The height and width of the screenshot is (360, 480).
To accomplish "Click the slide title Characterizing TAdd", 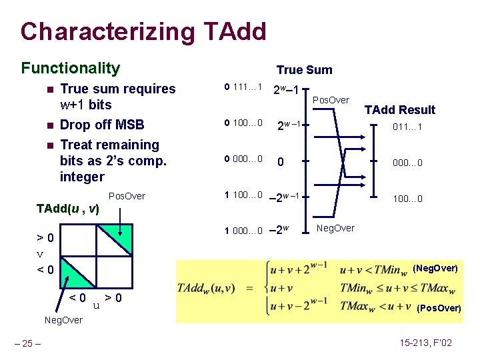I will click(143, 31).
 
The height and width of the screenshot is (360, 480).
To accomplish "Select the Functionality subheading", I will click(70, 68).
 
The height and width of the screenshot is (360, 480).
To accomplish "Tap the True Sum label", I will click(304, 70).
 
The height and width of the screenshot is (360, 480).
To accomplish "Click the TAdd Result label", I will click(399, 110).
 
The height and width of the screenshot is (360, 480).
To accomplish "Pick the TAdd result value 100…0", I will click(407, 199).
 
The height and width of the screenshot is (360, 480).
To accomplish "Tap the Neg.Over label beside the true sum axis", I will click(335, 228).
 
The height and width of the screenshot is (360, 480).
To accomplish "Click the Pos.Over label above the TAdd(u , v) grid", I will click(127, 196).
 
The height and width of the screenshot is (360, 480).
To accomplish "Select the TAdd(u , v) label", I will click(67, 209).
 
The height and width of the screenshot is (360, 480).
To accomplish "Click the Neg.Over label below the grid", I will click(63, 320).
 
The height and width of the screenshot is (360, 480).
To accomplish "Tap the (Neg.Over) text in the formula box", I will click(436, 269).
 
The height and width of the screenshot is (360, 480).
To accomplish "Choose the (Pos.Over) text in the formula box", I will click(438, 309).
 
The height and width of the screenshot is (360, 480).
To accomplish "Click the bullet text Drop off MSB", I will click(102, 125).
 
